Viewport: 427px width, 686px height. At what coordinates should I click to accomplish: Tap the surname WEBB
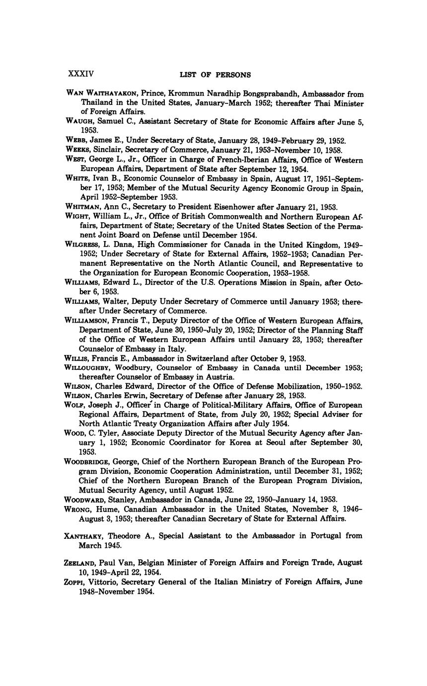[76, 141]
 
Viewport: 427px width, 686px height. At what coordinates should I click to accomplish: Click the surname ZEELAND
[82, 563]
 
